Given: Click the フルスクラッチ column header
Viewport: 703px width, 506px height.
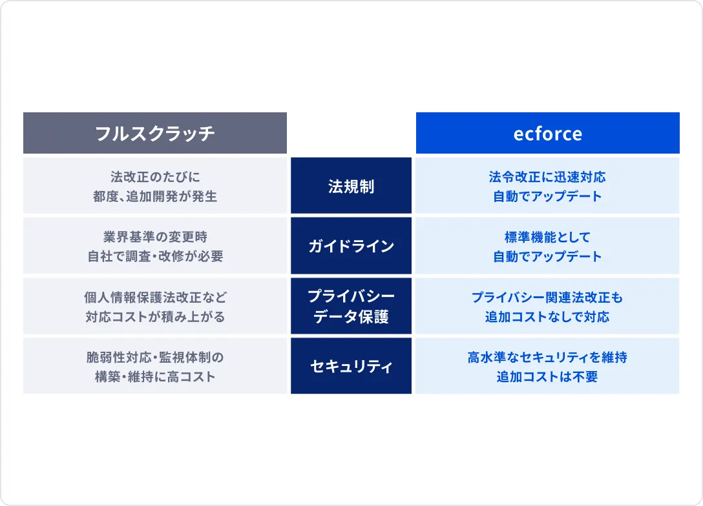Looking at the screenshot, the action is [x=154, y=133].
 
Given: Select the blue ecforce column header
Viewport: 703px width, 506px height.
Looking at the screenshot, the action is [x=547, y=133].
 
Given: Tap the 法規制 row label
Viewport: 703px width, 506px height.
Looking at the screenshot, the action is [x=351, y=185].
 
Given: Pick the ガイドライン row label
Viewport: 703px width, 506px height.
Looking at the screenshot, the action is [x=351, y=245].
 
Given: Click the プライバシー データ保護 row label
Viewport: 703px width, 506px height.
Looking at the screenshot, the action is [x=351, y=306].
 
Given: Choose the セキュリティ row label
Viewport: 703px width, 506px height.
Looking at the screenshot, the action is [x=351, y=366].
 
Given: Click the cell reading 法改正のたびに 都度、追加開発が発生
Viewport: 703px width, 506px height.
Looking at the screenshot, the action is [x=154, y=185].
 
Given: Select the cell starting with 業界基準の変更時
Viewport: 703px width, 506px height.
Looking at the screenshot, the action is [x=154, y=245].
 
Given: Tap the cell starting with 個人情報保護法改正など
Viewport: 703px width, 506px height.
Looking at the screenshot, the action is [x=154, y=306].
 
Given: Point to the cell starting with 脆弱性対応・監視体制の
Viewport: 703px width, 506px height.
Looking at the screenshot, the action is [x=154, y=366].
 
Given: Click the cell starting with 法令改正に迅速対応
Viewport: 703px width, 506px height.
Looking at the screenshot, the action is [x=547, y=185].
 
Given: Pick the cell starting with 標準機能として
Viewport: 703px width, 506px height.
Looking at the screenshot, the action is [x=547, y=245].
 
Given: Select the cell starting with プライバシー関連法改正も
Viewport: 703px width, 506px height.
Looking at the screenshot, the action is [x=547, y=306].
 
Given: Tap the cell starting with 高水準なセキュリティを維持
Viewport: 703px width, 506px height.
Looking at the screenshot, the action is [x=547, y=366].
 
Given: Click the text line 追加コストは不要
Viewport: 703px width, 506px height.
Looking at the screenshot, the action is [x=547, y=376].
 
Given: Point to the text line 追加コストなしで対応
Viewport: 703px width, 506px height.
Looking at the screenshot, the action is [x=547, y=317].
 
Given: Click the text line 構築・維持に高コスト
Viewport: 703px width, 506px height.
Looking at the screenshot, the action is [x=155, y=376].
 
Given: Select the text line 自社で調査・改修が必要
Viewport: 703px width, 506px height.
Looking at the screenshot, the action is [x=155, y=256].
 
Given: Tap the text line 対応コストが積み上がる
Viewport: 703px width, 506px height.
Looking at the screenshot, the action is [x=155, y=317].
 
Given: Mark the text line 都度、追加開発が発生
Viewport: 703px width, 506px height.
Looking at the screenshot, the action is [x=155, y=196].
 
